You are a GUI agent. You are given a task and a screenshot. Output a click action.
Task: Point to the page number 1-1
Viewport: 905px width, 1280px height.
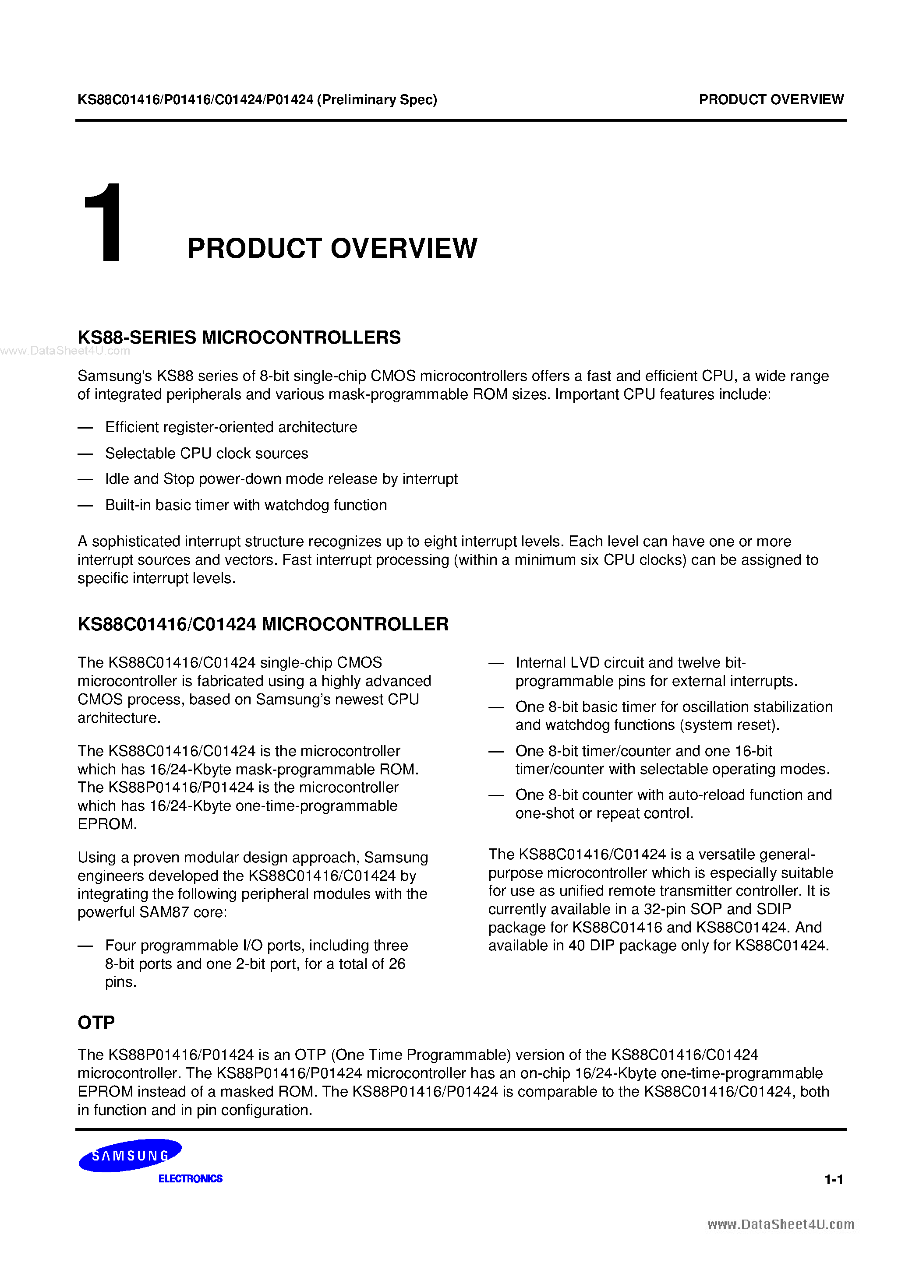834,1179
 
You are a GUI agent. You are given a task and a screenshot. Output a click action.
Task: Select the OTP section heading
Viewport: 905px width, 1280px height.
96,1023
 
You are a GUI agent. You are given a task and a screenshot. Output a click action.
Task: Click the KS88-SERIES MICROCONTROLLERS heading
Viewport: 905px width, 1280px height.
239,337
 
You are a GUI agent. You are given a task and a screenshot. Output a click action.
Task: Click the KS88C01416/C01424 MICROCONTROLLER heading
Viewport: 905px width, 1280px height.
263,624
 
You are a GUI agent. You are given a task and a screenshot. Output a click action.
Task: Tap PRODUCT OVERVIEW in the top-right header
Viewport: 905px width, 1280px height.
771,99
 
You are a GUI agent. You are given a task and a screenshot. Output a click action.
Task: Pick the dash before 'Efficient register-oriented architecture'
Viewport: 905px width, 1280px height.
85,428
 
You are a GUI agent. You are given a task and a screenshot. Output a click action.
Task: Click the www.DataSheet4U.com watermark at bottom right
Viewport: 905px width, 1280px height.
781,1224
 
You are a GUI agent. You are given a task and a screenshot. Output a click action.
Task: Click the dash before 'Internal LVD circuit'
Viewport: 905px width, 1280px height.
495,663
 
